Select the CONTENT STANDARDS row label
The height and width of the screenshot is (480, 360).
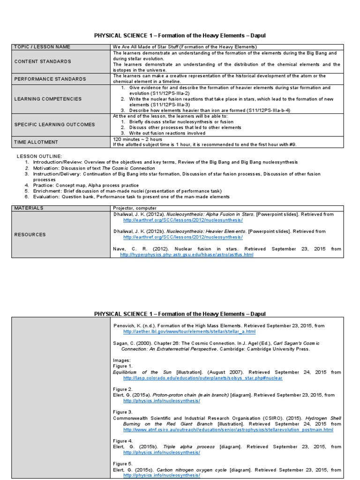tap(43, 61)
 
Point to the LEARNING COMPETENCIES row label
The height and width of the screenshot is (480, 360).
tap(48, 99)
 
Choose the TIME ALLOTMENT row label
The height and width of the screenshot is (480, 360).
tap(36, 142)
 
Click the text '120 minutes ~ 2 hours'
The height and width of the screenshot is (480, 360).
tap(137, 139)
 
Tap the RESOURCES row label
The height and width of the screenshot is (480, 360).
tap(30, 234)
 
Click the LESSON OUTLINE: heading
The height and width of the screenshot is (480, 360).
tap(39, 155)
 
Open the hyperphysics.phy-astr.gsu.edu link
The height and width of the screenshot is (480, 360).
tap(187, 255)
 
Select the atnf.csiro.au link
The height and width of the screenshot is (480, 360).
tap(228, 429)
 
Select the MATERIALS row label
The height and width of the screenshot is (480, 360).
tap(29, 208)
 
